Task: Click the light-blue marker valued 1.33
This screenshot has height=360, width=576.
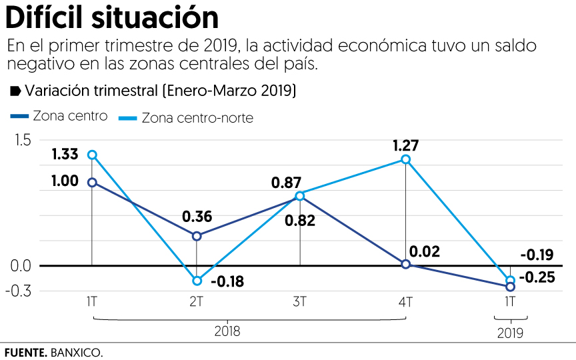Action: point(93,155)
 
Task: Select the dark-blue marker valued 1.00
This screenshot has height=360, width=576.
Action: point(93,182)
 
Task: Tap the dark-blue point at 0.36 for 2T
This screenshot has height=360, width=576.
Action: point(197,236)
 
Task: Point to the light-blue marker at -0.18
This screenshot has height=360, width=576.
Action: point(197,281)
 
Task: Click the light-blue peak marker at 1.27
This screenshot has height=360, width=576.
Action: point(405,159)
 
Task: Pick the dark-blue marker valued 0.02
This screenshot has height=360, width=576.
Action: point(405,264)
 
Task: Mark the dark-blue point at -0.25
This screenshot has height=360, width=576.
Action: point(510,287)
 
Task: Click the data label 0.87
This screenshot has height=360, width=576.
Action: point(286,183)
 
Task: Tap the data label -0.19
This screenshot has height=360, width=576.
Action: point(536,254)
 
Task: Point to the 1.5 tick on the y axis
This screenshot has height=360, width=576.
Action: point(20,140)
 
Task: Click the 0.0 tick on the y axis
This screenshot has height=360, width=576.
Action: point(20,266)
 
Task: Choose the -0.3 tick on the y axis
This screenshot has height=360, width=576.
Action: point(19,291)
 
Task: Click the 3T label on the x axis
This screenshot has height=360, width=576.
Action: point(300,301)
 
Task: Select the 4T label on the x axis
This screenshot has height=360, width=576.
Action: point(405,301)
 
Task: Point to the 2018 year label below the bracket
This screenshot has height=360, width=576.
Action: point(227,331)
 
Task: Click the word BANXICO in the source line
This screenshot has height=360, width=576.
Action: point(76,352)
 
